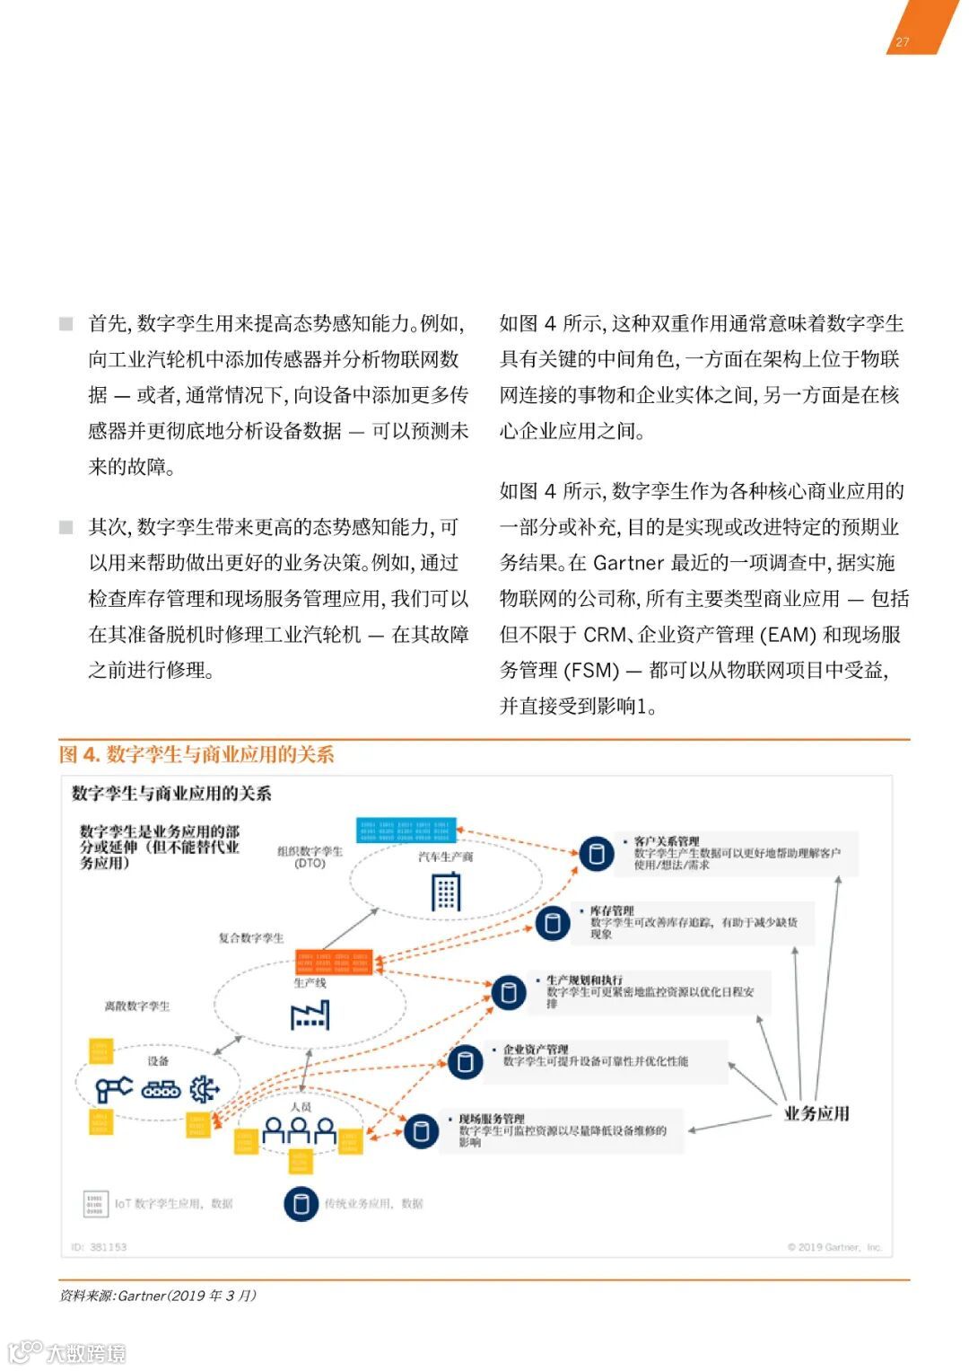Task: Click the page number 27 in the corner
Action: (x=902, y=41)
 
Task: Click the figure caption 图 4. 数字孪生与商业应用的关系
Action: (x=196, y=754)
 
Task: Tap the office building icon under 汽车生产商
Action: (x=446, y=892)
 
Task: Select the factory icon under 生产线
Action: (x=310, y=1014)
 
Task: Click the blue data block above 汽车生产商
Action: (x=406, y=830)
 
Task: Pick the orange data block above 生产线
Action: (x=333, y=962)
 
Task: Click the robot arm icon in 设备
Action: (x=113, y=1089)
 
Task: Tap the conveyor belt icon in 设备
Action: (x=161, y=1089)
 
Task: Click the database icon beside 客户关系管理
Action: (x=597, y=853)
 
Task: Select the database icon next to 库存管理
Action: (x=553, y=922)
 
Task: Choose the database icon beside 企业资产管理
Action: (x=465, y=1062)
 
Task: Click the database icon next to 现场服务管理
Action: (x=421, y=1130)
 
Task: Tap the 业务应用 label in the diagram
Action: (x=816, y=1113)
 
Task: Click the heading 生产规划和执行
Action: (x=584, y=980)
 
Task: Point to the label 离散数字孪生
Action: (x=137, y=1006)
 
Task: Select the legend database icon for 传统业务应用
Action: (x=301, y=1203)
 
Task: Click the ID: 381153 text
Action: (x=100, y=1247)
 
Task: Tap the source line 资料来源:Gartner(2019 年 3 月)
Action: (x=158, y=1296)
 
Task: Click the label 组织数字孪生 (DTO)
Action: (x=310, y=857)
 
